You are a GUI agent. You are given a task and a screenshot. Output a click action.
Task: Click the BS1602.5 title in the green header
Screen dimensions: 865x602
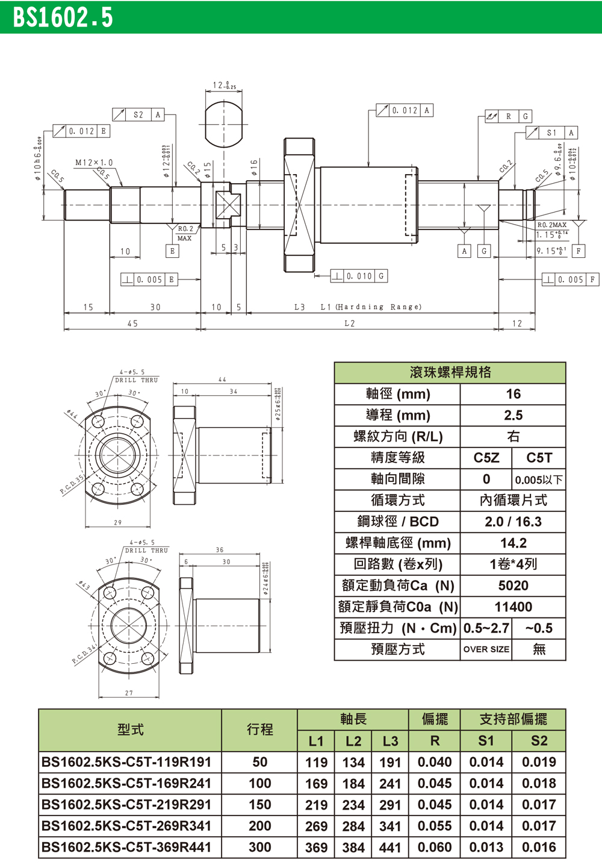[x=63, y=17]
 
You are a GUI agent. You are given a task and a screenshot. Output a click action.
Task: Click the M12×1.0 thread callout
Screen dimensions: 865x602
[x=94, y=163]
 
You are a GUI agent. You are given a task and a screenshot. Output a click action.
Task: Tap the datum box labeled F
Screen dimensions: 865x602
[x=579, y=251]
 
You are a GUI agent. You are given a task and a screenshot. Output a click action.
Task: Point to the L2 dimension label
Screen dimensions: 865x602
[x=350, y=323]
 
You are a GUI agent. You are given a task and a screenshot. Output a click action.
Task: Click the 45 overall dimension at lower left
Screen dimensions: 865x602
[x=132, y=323]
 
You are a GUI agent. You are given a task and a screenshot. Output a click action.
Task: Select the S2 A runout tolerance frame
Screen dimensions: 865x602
[x=138, y=114]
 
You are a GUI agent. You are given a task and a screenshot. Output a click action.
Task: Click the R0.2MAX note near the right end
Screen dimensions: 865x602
[x=551, y=225]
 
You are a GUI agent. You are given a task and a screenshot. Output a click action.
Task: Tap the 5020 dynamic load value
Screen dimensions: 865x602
[x=513, y=586]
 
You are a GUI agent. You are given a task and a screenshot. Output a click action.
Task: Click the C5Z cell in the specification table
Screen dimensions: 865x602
[x=486, y=458]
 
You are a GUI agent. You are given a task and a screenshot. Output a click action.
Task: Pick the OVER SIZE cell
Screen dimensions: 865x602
[x=486, y=649]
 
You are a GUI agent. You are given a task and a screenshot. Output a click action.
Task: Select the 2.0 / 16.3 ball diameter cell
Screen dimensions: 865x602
[x=513, y=522]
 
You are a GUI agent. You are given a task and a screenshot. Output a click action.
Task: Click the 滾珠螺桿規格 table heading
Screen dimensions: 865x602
[x=450, y=372]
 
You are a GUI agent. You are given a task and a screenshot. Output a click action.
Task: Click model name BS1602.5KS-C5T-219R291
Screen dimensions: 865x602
[x=126, y=805]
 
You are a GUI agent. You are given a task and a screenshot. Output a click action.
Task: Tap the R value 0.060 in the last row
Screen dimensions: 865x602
[x=434, y=848]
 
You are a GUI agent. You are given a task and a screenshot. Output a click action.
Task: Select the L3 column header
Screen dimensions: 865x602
[x=390, y=741]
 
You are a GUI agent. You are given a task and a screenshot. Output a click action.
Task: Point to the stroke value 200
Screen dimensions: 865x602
[x=259, y=826]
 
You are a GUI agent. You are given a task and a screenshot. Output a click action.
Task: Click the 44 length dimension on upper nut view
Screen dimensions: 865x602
[x=222, y=379]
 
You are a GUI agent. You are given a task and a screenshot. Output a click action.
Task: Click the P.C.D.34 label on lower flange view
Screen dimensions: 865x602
[x=84, y=654]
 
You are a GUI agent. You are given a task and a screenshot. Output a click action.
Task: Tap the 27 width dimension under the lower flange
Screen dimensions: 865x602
[x=129, y=693]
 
